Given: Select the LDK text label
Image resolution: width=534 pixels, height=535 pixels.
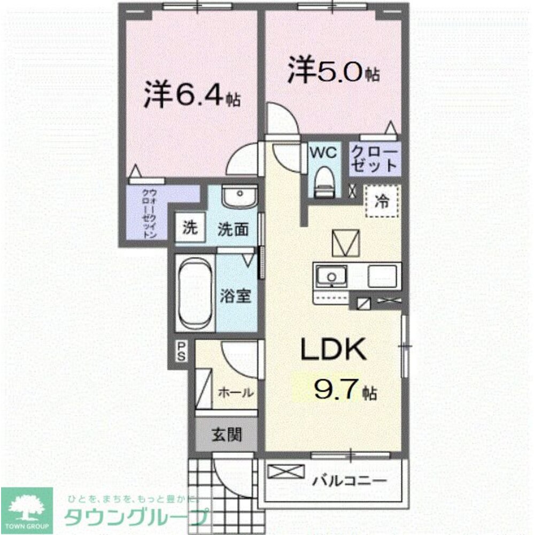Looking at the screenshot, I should pyautogui.click(x=334, y=350).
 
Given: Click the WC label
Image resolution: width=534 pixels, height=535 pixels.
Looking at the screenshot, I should pyautogui.click(x=324, y=152).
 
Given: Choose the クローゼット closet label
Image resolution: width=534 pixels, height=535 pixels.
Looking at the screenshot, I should pyautogui.click(x=375, y=158).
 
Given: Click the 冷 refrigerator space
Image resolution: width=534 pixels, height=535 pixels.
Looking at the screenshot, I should pyautogui.click(x=382, y=201).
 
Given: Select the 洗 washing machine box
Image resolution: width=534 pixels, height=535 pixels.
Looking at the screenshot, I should pyautogui.click(x=190, y=228).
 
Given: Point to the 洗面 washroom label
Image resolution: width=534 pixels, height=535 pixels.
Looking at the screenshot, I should pyautogui.click(x=233, y=230).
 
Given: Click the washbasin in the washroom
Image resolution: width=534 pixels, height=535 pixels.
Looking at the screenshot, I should pyautogui.click(x=238, y=197).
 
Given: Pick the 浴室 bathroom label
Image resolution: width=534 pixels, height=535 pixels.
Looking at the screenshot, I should pyautogui.click(x=235, y=296).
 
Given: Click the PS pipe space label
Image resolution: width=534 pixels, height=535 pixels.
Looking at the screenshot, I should pyautogui.click(x=181, y=352).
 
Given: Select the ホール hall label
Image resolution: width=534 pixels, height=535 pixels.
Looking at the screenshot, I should pyautogui.click(x=235, y=393).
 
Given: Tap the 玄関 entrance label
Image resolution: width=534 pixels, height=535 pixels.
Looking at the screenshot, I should pyautogui.click(x=229, y=434).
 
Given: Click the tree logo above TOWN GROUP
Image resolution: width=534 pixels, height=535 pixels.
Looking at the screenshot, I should pyautogui.click(x=26, y=506).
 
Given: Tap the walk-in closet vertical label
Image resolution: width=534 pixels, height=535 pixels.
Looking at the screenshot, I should pyautogui.click(x=149, y=213).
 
